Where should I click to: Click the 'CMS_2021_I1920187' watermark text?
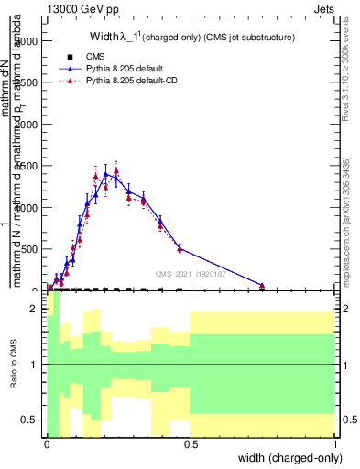(191, 273)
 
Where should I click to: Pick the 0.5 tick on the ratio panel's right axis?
(344, 420)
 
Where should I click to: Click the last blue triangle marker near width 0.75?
(262, 286)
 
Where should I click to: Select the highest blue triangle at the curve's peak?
(106, 173)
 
